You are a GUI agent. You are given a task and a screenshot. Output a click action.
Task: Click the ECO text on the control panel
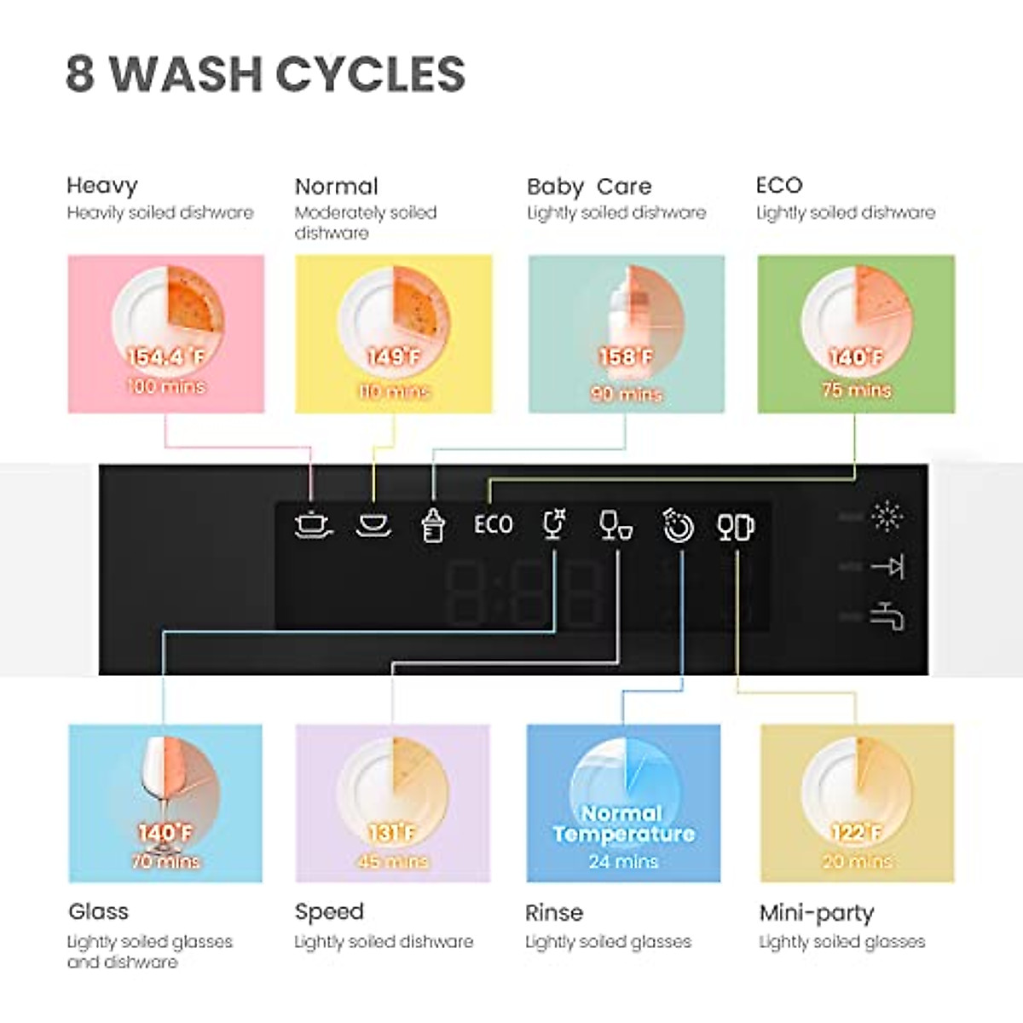click(494, 524)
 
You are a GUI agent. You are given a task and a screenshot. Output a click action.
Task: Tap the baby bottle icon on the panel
click(434, 524)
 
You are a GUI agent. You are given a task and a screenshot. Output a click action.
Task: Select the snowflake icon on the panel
click(887, 516)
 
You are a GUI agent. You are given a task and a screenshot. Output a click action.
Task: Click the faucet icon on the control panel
click(887, 616)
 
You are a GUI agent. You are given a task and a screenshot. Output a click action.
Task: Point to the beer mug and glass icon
click(736, 527)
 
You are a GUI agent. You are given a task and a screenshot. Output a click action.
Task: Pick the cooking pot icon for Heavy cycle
click(313, 524)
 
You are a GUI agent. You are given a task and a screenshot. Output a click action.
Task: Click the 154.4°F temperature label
click(166, 357)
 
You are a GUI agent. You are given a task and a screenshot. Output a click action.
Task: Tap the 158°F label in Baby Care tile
click(626, 357)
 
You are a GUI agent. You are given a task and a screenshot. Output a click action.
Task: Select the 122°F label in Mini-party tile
click(856, 833)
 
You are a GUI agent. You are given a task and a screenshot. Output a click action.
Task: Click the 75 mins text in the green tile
click(856, 390)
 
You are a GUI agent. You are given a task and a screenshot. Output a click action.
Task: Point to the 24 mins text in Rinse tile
click(623, 862)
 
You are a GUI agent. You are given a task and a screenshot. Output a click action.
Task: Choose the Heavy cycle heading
click(102, 186)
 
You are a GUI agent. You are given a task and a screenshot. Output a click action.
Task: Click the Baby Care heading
click(589, 187)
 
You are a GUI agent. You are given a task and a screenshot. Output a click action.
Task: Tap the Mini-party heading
click(817, 913)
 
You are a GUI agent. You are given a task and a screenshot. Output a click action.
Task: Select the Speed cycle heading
click(329, 912)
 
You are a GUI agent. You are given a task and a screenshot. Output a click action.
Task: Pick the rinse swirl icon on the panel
click(678, 526)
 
